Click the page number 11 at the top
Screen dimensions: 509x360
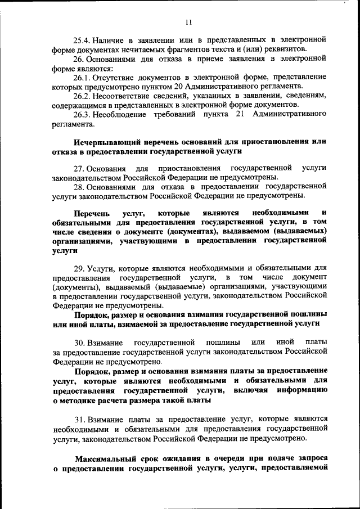(188, 22)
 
